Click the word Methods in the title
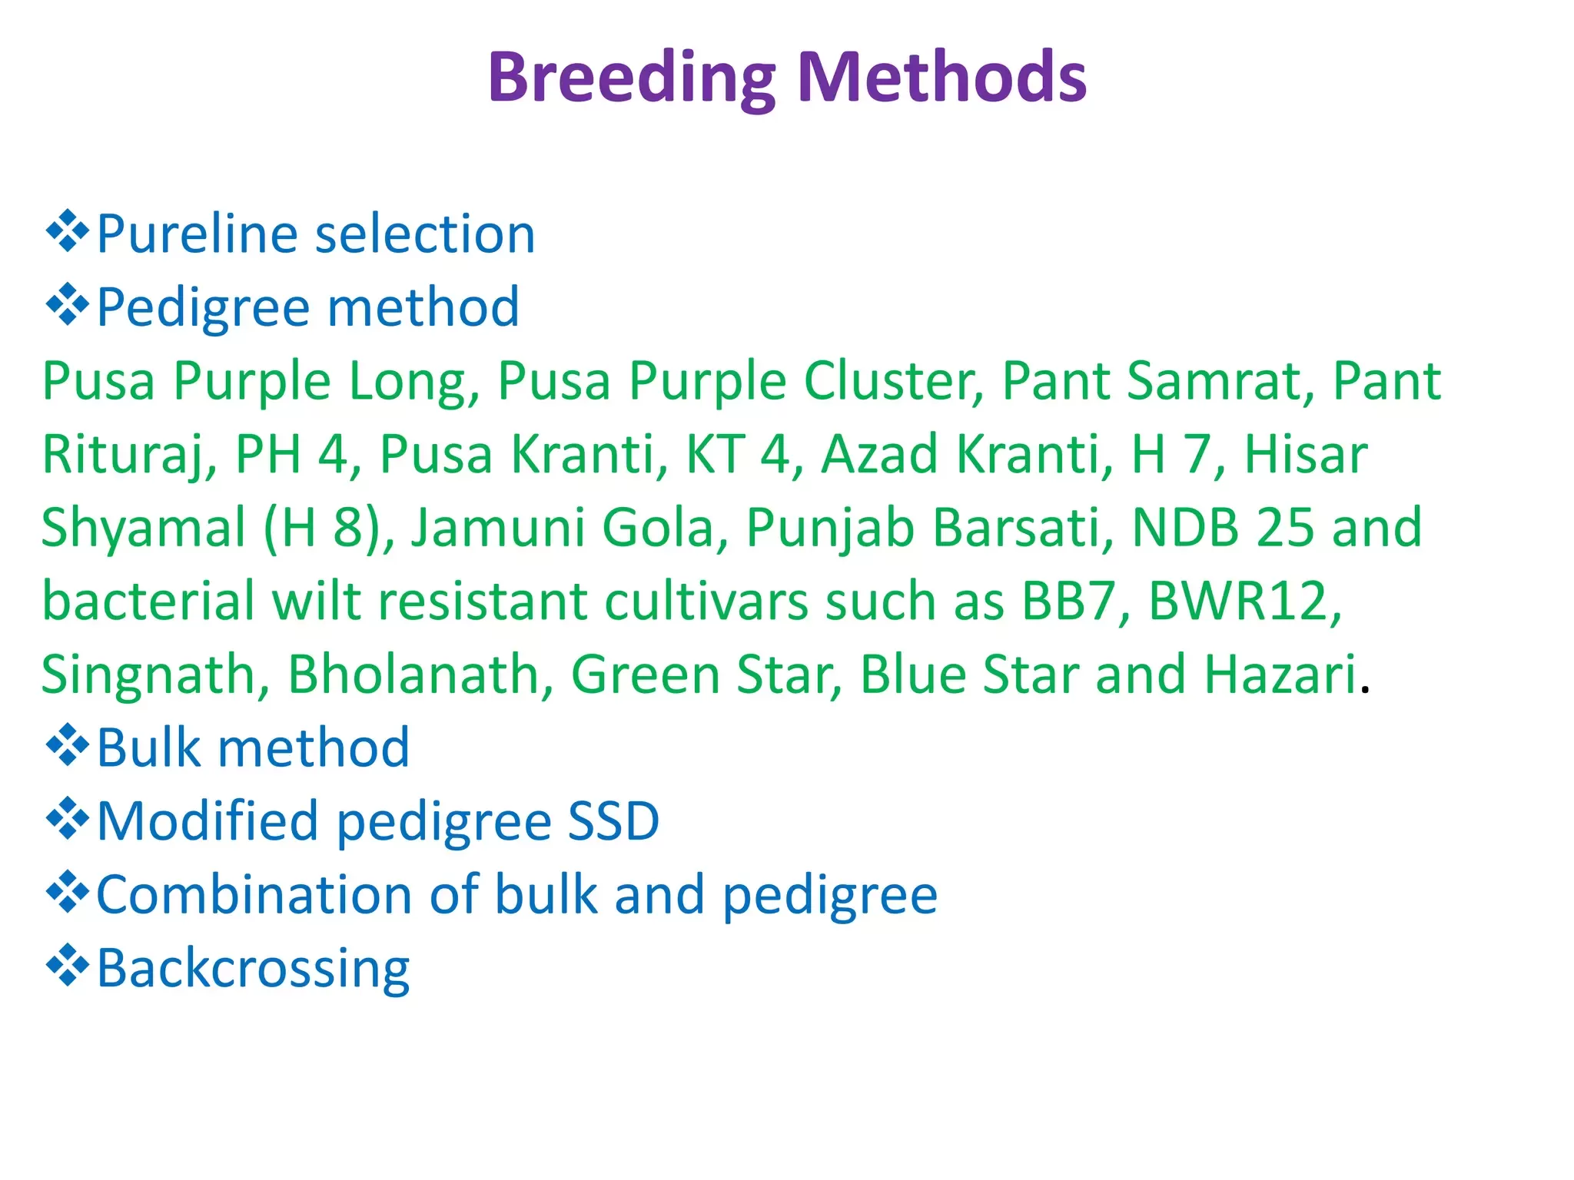tap(942, 76)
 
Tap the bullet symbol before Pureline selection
tap(68, 231)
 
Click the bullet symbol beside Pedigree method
tap(68, 305)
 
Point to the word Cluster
tap(894, 382)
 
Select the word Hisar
tap(1306, 454)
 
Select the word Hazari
tap(1280, 675)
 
